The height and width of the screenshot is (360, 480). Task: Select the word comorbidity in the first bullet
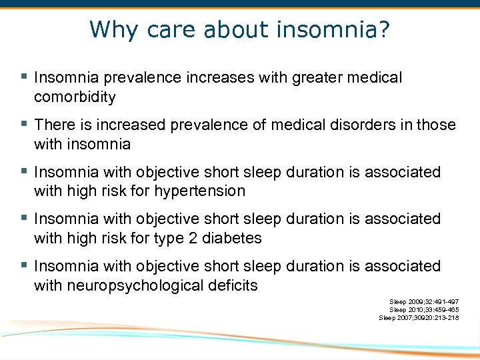click(75, 97)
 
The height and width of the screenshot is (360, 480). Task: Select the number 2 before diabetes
click(193, 238)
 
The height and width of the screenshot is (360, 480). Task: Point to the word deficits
click(233, 286)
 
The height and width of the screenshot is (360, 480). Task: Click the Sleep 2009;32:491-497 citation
click(424, 302)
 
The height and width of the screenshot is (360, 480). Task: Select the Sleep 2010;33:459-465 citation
click(424, 310)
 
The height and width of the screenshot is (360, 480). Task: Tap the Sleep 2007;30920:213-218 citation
click(419, 318)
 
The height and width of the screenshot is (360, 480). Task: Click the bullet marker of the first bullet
click(24, 77)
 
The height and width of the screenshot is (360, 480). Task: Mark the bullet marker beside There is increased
click(24, 124)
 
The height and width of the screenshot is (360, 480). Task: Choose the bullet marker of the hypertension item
click(24, 171)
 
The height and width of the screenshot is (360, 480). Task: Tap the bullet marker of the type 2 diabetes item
click(24, 218)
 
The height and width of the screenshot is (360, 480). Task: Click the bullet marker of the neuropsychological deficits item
click(24, 265)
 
